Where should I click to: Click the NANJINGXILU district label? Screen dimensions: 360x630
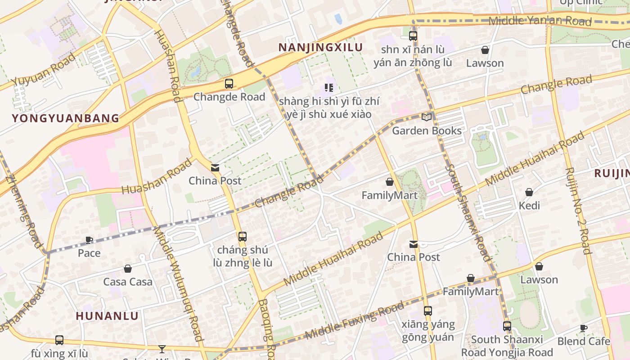click(320, 47)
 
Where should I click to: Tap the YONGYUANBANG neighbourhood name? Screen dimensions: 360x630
click(66, 118)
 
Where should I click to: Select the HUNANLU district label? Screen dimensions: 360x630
click(107, 316)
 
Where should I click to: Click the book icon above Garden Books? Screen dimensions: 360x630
click(426, 117)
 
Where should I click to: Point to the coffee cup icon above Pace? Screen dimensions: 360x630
click(89, 240)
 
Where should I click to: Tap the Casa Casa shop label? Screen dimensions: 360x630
click(128, 282)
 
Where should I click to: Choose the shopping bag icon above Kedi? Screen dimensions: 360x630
click(529, 192)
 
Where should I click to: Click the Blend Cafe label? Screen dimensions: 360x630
click(584, 341)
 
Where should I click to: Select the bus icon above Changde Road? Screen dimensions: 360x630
click(229, 83)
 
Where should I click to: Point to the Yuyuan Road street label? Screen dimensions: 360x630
click(44, 69)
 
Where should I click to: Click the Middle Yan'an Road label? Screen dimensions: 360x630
click(540, 20)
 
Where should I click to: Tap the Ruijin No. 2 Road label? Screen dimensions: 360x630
click(577, 211)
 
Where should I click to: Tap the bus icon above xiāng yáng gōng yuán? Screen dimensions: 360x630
click(428, 310)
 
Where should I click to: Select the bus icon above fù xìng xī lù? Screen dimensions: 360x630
click(59, 340)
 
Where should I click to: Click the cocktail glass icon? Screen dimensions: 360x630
click(162, 349)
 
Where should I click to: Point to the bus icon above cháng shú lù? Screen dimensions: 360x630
click(243, 236)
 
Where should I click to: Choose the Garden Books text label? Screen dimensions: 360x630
click(427, 130)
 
